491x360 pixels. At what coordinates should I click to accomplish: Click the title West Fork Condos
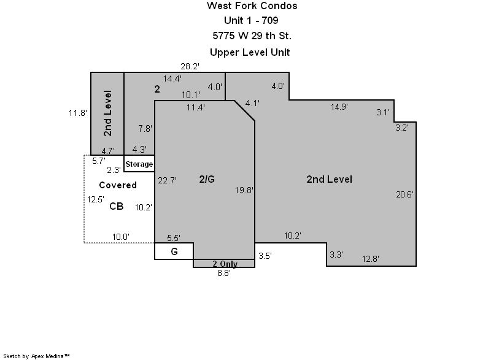252,6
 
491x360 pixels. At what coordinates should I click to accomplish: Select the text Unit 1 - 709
251,20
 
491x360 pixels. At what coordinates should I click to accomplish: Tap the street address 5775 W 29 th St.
252,36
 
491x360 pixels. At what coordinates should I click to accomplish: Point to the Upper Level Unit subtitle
250,52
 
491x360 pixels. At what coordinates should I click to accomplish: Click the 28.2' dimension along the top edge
190,66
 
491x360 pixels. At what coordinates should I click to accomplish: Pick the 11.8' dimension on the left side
78,113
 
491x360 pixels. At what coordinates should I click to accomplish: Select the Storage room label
139,164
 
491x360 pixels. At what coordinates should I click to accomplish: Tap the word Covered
118,185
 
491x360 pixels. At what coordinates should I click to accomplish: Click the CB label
116,206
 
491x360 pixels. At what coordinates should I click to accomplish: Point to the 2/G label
207,179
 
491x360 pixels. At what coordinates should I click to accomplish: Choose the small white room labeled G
174,251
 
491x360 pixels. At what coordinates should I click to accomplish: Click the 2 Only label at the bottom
225,264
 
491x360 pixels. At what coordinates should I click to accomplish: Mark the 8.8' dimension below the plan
224,273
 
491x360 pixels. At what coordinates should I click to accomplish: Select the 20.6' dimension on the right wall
404,194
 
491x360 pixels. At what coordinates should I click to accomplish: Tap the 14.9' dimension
339,107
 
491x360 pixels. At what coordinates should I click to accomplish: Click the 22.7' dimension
167,180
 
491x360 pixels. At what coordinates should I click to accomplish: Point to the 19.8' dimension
244,190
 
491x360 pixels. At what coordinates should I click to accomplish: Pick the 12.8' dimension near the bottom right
371,259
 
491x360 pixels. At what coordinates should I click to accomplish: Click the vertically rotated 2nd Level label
107,113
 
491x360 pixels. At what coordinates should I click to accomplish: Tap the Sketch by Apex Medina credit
36,356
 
